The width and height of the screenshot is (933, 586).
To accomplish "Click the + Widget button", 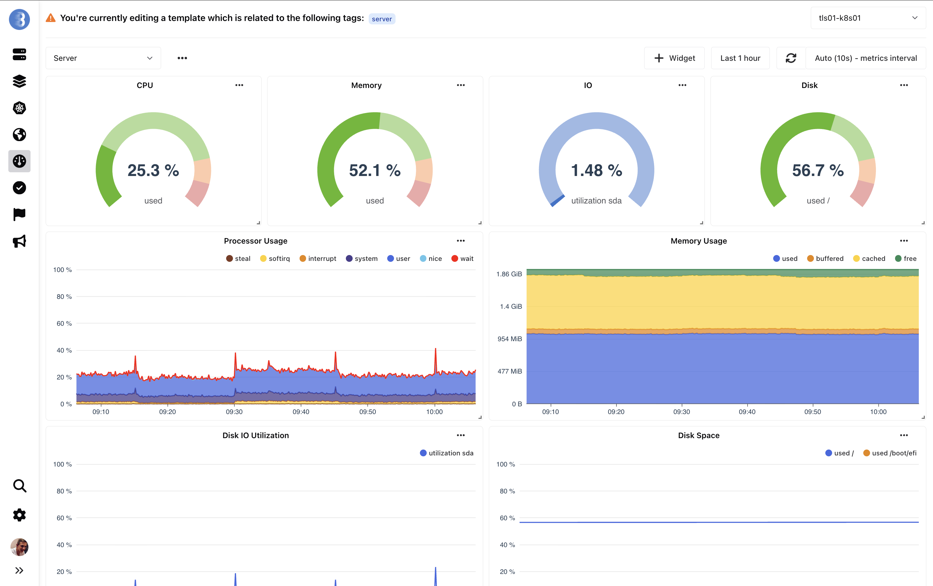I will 674,58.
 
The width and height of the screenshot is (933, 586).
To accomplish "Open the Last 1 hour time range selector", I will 740,58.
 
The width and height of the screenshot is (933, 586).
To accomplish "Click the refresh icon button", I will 790,58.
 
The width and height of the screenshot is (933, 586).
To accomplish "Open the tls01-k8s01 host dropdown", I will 868,18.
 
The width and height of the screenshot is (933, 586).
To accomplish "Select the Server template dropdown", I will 103,58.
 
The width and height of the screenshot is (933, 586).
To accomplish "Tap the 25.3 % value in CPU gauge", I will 153,170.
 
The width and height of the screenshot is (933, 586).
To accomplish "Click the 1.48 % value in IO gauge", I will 596,170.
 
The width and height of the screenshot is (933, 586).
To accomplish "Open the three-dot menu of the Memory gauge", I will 461,85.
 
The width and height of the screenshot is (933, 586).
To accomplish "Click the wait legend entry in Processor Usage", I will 462,258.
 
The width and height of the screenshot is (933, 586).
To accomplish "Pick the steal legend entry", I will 238,258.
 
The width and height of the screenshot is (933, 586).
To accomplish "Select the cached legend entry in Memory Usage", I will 869,258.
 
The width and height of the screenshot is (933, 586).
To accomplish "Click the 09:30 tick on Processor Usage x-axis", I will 234,412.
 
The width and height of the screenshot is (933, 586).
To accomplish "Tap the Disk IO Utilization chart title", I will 255,435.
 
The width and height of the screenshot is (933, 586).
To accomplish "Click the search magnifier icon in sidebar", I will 19,486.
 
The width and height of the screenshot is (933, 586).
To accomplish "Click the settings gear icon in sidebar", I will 19,515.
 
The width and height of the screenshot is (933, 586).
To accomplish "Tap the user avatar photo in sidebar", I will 19,547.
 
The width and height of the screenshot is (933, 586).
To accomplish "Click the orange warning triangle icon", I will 51,18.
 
